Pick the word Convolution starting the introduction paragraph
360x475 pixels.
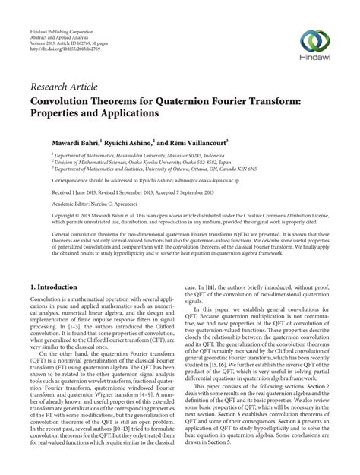46,281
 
